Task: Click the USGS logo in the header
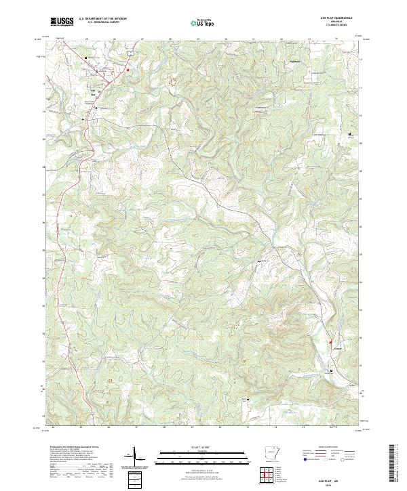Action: tap(62, 22)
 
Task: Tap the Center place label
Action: tap(337, 350)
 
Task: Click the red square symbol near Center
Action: tap(333, 346)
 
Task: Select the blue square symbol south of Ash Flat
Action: tap(96, 107)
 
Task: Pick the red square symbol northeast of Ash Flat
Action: tap(127, 70)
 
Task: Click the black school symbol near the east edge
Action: tap(349, 134)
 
